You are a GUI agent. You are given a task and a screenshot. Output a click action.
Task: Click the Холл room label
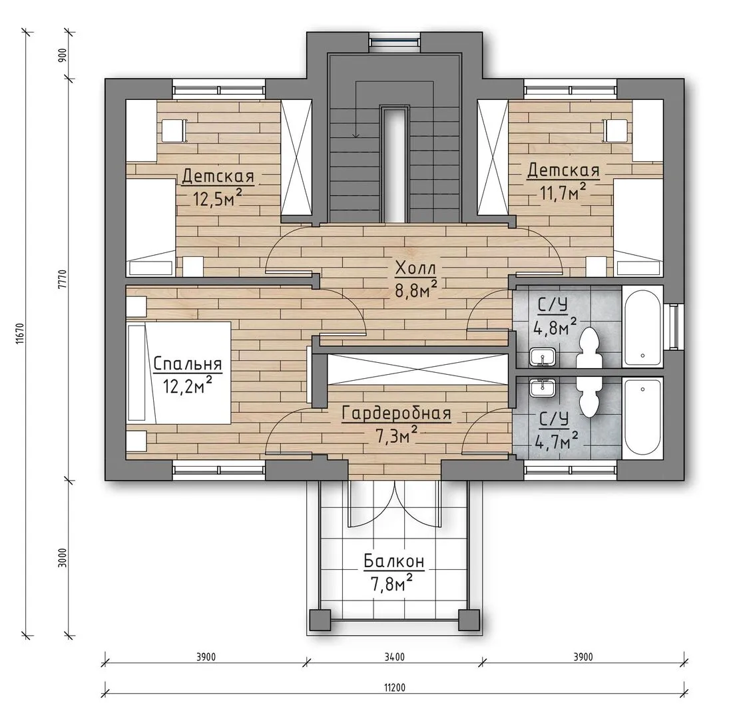(x=415, y=269)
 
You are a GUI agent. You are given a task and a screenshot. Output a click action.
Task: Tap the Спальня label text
(x=188, y=364)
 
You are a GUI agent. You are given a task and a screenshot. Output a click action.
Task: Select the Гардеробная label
(x=397, y=413)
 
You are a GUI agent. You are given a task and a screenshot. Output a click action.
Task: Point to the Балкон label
(x=394, y=561)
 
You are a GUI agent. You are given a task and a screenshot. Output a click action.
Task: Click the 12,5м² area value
(x=218, y=198)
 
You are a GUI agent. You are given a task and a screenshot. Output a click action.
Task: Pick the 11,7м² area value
(x=563, y=192)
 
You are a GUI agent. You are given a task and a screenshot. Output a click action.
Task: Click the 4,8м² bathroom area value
(x=555, y=327)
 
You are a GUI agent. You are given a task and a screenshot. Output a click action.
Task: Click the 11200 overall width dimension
(x=395, y=688)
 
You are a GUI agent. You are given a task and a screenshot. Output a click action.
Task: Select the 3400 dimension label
(x=395, y=656)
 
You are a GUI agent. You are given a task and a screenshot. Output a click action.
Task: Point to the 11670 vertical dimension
(x=19, y=334)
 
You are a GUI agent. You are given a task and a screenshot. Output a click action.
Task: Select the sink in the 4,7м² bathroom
(x=543, y=387)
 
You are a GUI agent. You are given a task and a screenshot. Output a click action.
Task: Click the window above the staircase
(x=395, y=40)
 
